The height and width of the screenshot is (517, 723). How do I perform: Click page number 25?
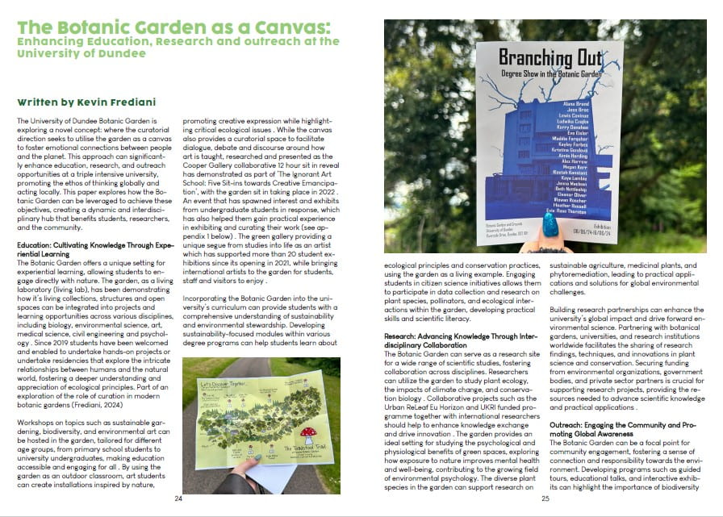[545, 498]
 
